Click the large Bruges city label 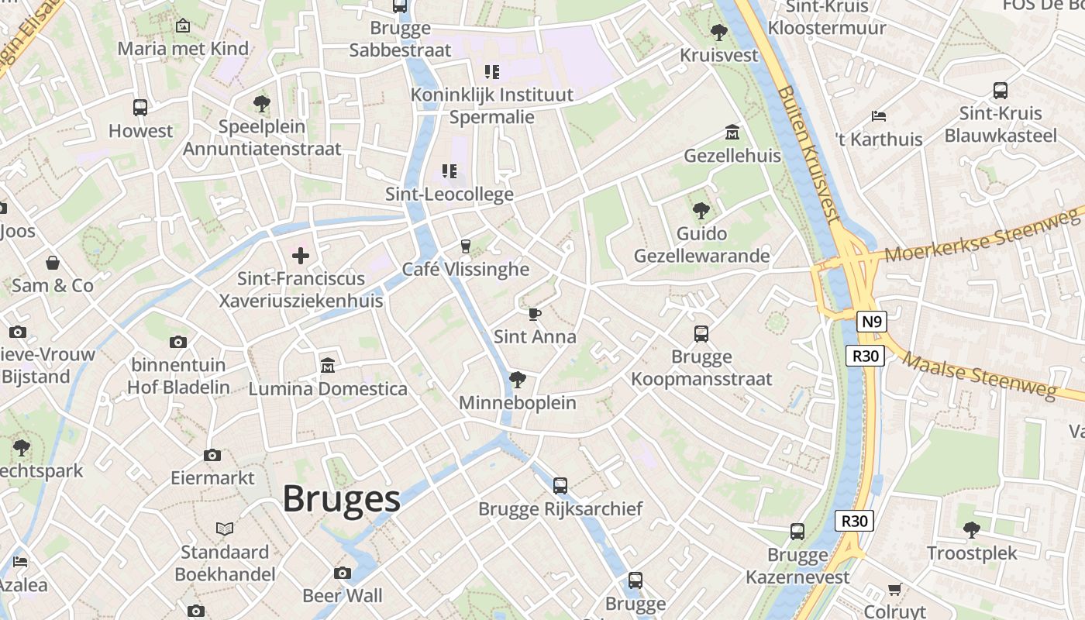(x=341, y=498)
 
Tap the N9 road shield (x=872, y=322)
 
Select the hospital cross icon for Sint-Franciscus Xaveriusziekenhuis (x=301, y=255)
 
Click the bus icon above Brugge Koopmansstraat (x=701, y=334)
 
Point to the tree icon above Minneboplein (x=517, y=380)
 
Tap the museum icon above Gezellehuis (x=732, y=133)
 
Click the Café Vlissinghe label (x=465, y=270)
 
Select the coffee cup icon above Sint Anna (x=534, y=314)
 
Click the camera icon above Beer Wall (x=343, y=573)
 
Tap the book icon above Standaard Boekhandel (x=225, y=529)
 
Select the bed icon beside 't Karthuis (x=879, y=116)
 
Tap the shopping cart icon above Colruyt (x=895, y=589)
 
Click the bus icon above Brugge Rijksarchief (x=560, y=486)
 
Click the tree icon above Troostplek (x=972, y=530)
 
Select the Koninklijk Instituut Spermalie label (x=492, y=105)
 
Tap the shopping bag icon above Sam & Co (x=53, y=263)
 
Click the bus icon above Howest (x=140, y=108)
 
